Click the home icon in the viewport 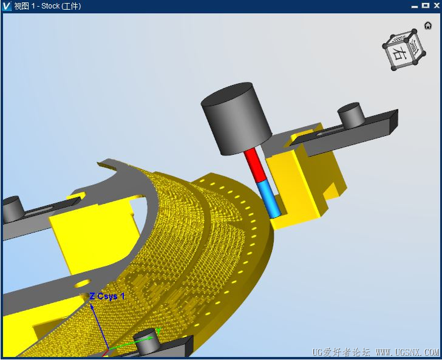tap(428, 25)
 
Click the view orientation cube tap(404, 50)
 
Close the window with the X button tap(437, 5)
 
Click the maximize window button tap(426, 5)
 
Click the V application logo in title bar tap(6, 6)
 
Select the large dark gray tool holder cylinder tap(236, 118)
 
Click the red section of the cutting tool tap(255, 166)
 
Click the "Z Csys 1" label tap(107, 296)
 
